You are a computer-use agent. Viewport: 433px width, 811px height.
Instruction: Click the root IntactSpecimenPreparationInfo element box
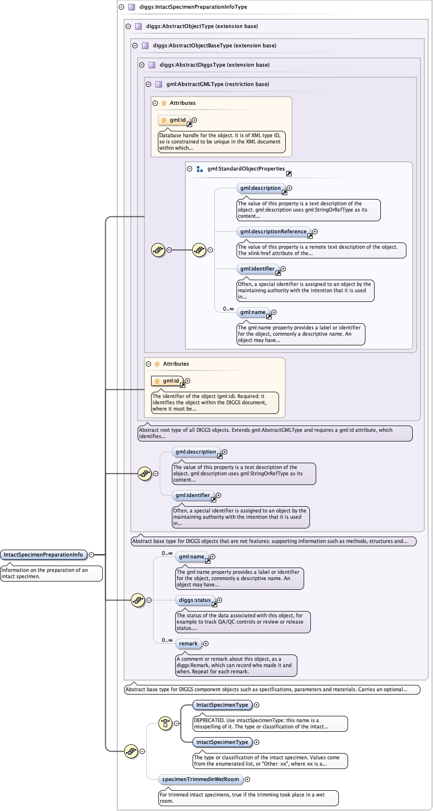pos(44,555)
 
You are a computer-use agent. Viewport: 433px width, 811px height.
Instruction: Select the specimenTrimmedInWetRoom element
pos(201,779)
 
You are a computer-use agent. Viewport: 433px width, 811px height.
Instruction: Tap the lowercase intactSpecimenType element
pos(222,742)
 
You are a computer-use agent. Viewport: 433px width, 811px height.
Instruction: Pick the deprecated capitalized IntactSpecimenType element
pos(222,705)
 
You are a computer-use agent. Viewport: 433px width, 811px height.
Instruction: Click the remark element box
pos(188,643)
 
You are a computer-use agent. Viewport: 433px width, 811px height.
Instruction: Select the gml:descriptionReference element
pos(274,231)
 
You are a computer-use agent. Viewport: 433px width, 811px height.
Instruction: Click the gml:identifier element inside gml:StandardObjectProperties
pos(258,269)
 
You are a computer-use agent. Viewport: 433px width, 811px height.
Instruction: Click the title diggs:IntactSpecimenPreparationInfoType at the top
pos(193,7)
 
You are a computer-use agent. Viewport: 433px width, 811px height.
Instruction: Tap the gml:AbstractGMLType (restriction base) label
pos(218,84)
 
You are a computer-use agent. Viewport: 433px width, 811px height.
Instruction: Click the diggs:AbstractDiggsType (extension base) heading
pos(214,65)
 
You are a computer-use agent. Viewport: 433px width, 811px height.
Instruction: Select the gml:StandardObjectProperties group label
pos(246,169)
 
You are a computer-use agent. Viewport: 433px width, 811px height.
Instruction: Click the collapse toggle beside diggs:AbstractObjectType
pos(128,26)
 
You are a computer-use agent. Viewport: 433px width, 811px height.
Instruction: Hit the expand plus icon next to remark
pos(206,643)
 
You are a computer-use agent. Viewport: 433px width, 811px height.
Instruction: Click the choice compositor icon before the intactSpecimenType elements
pos(165,723)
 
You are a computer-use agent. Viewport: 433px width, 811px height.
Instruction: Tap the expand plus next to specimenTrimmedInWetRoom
pos(248,779)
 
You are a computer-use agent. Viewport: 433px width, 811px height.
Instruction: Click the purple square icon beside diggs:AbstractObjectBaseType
pos(145,45)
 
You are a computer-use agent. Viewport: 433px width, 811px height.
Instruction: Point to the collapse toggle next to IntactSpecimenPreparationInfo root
pos(92,555)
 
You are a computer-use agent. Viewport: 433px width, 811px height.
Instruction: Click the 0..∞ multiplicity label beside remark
pos(167,640)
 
